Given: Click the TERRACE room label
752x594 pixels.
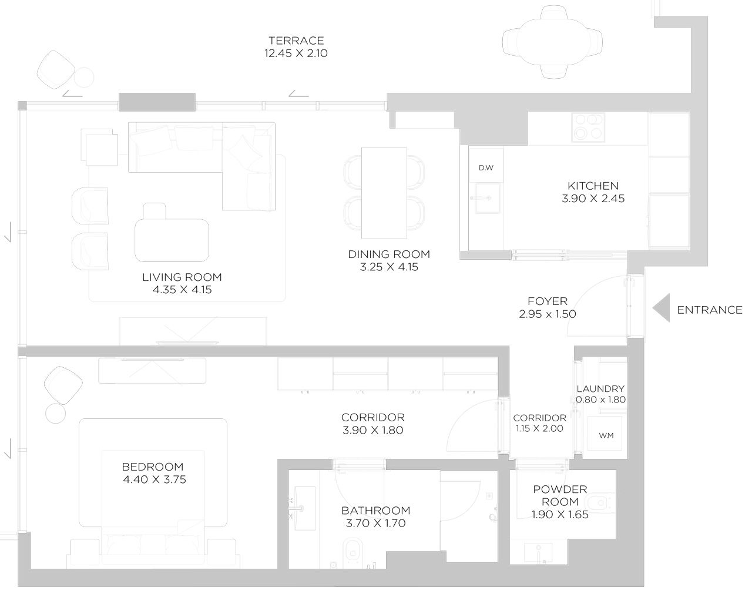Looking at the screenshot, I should pyautogui.click(x=296, y=41).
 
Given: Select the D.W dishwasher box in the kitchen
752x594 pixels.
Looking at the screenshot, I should pyautogui.click(x=486, y=168).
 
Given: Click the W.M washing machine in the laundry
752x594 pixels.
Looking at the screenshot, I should pyautogui.click(x=606, y=435).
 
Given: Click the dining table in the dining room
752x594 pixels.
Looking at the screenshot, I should pyautogui.click(x=384, y=193).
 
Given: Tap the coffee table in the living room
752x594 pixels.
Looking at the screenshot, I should pyautogui.click(x=172, y=240).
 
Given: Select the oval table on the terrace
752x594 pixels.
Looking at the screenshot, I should pyautogui.click(x=552, y=42).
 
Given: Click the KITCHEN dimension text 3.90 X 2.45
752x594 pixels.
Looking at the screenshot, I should pyautogui.click(x=593, y=199).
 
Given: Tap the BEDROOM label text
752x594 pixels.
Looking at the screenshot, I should pyautogui.click(x=153, y=467).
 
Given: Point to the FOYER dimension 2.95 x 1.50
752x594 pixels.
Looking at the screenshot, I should pyautogui.click(x=548, y=314).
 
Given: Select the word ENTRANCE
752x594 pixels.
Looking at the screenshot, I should pyautogui.click(x=710, y=310).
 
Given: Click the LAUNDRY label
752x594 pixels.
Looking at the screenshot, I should pyautogui.click(x=600, y=389).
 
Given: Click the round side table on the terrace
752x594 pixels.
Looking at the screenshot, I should pyautogui.click(x=84, y=77).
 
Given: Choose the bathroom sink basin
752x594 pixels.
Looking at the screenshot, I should pyautogui.click(x=300, y=505).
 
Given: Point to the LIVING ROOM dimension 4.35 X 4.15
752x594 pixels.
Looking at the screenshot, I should pyautogui.click(x=182, y=290).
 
